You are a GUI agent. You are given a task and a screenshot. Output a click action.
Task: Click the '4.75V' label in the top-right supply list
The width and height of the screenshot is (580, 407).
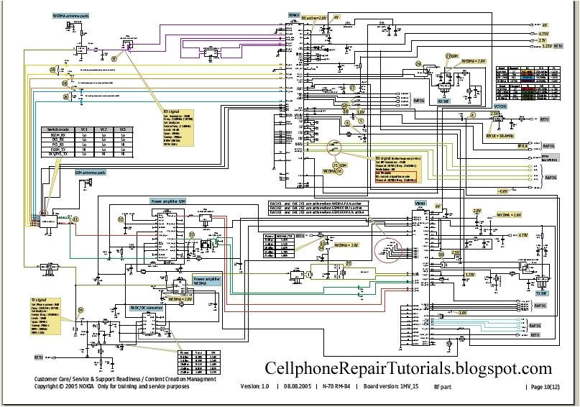[543, 33]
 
